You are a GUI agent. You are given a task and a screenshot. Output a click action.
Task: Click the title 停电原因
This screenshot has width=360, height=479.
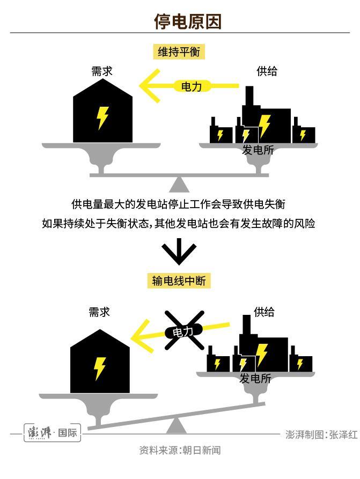tap(187, 21)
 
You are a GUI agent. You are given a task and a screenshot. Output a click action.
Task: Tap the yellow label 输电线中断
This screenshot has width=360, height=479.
tap(178, 281)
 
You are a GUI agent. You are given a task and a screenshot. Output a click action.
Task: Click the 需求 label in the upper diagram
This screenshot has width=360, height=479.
tap(102, 71)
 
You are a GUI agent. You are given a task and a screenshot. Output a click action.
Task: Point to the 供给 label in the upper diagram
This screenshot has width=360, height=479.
tap(267, 71)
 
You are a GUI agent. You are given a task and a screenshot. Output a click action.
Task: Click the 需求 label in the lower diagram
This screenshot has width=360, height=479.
tap(99, 312)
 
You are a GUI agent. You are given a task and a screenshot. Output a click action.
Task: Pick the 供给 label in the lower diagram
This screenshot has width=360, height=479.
tap(264, 312)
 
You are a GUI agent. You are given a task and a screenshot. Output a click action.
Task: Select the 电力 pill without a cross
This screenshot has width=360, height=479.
tap(192, 86)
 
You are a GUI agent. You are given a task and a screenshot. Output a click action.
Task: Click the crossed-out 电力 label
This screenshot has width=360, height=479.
tap(182, 331)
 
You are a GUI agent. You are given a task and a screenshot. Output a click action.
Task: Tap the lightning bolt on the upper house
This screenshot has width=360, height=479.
tap(102, 118)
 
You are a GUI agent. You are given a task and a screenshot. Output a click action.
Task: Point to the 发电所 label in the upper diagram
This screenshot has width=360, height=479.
tap(258, 150)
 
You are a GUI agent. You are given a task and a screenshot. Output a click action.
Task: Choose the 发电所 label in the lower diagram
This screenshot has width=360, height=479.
tap(255, 378)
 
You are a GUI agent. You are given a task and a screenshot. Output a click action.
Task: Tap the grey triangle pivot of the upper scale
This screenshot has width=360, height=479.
tap(179, 185)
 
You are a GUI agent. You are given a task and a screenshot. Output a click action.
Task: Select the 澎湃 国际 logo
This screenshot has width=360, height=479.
tap(52, 433)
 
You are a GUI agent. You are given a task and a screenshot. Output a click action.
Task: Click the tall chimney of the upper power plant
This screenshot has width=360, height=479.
tap(249, 97)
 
